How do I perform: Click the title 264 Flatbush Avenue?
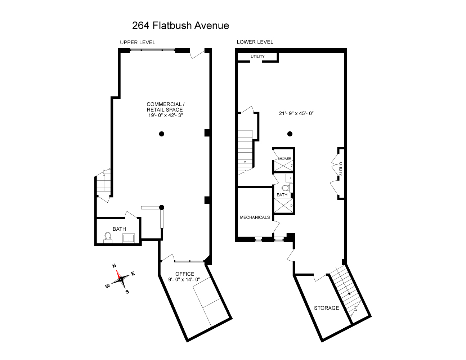[x=180, y=26]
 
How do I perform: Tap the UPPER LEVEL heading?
[x=138, y=42]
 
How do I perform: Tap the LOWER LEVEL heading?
[x=255, y=42]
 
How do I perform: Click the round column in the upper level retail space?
[x=162, y=134]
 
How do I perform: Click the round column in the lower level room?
[x=290, y=134]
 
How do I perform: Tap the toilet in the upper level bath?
[x=107, y=237]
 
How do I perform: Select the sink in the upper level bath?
[x=129, y=238]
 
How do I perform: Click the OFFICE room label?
[x=184, y=274]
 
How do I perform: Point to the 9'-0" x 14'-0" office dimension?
[x=184, y=279]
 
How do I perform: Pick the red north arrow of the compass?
[x=117, y=274]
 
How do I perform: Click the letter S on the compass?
[x=127, y=292]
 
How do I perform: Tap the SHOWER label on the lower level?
[x=284, y=158]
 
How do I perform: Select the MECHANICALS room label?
[x=255, y=217]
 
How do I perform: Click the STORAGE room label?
[x=326, y=308]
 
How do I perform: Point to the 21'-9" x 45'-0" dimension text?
[x=296, y=113]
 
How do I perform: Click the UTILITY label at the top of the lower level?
[x=257, y=57]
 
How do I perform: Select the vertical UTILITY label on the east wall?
[x=340, y=169]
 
